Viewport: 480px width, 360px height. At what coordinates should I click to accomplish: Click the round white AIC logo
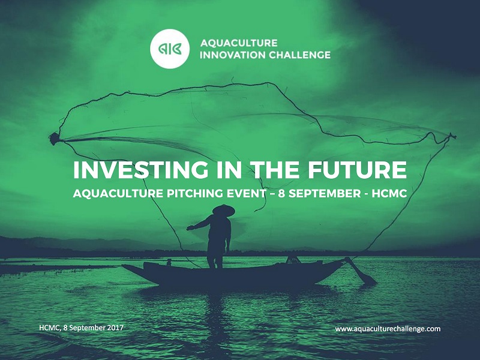[x=170, y=49]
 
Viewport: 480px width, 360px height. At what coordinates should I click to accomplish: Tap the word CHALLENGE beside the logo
[x=299, y=55]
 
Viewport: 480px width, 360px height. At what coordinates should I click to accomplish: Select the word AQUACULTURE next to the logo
[x=239, y=43]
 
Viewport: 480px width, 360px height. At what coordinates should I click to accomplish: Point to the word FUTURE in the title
[x=357, y=170]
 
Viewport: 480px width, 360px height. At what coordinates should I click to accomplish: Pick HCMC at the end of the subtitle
[x=389, y=194]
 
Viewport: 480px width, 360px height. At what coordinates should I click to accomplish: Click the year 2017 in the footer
[x=115, y=328]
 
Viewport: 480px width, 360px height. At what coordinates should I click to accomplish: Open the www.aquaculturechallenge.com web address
[x=388, y=329]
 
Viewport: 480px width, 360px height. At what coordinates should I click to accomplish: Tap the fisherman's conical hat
[x=223, y=210]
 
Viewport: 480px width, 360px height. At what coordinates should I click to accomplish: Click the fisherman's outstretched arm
[x=199, y=224]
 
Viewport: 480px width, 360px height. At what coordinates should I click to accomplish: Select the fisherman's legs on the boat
[x=215, y=257]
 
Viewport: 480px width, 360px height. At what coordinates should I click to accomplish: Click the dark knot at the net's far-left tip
[x=54, y=139]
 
